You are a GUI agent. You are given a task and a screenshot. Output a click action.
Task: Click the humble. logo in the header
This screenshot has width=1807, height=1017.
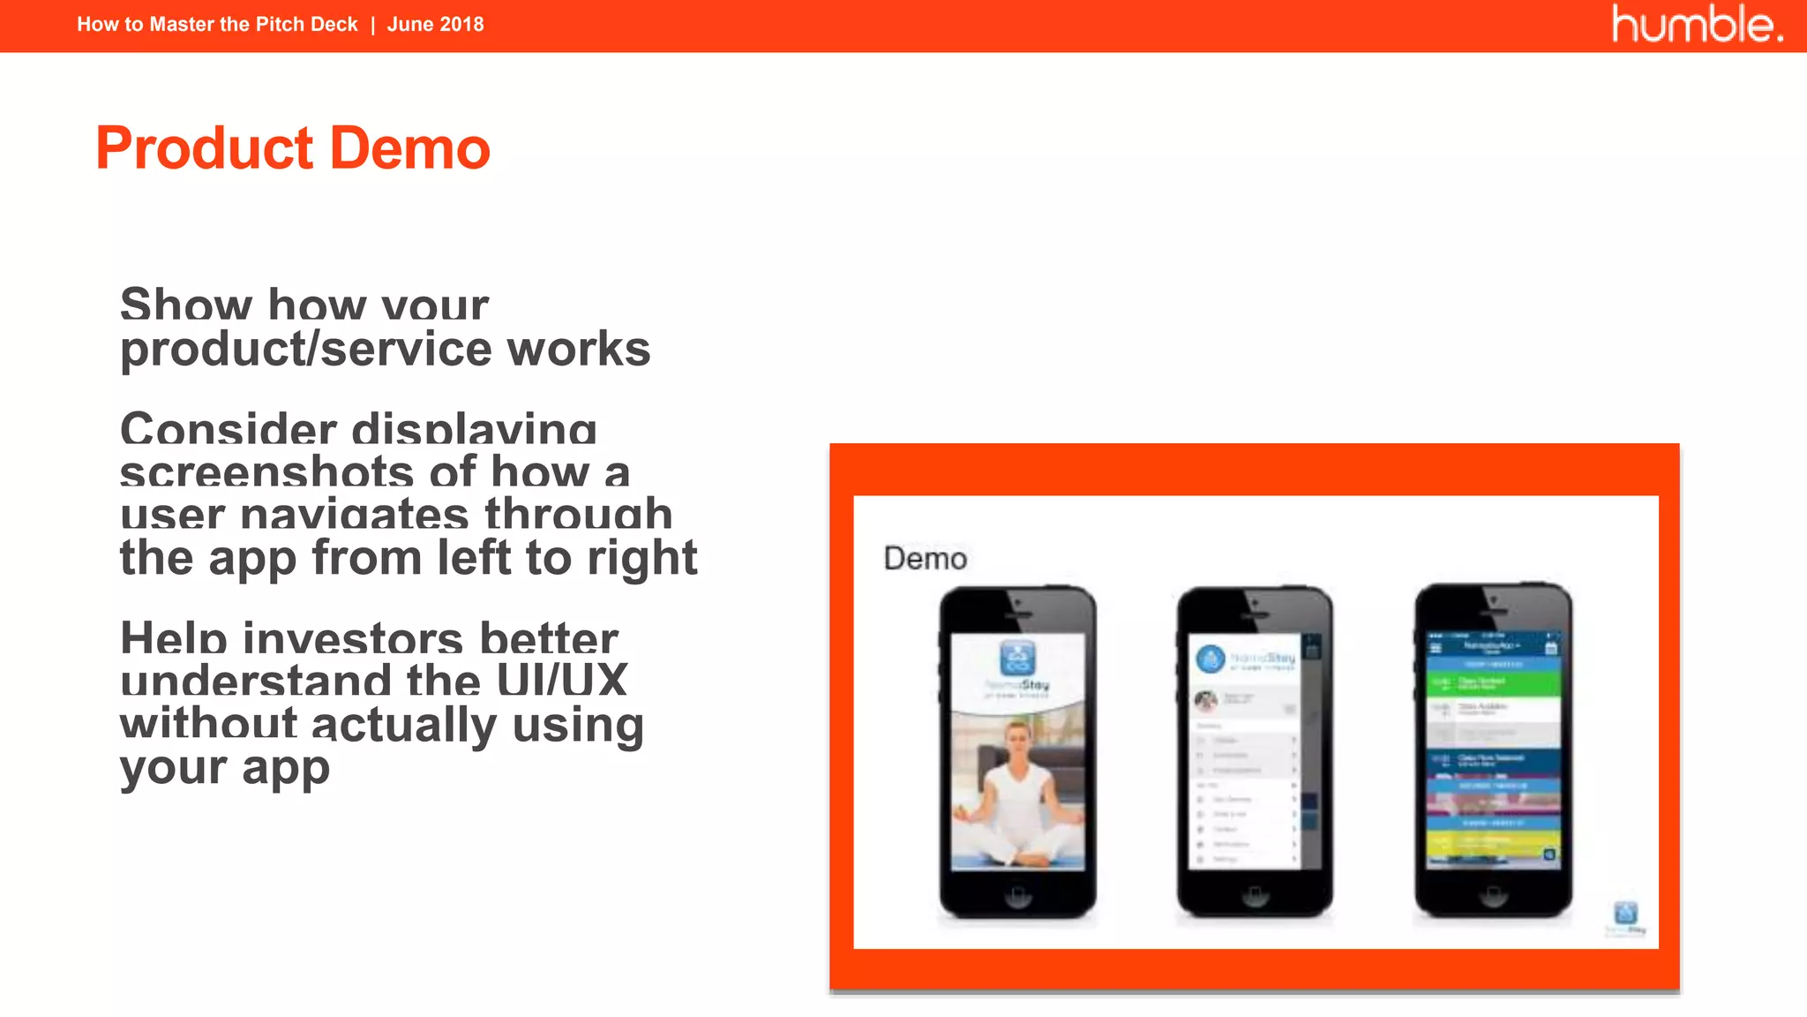coord(1696,24)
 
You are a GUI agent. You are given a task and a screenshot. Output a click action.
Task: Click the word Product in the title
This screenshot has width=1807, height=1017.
coord(205,148)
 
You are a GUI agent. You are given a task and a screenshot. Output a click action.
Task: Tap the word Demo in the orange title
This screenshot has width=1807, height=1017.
coord(410,148)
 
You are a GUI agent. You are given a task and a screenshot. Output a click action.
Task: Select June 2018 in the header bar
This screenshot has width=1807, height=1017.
coord(435,25)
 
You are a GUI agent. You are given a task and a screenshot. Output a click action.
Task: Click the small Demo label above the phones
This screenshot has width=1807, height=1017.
coord(925,559)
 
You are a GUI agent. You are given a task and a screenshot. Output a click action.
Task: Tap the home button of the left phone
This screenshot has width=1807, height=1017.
coord(1017,897)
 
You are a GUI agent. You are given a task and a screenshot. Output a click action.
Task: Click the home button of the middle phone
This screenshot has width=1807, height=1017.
coord(1255,897)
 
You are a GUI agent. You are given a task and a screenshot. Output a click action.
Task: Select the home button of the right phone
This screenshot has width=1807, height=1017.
coord(1493,895)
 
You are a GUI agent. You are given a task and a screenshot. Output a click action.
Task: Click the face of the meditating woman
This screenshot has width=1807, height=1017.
coord(1017,737)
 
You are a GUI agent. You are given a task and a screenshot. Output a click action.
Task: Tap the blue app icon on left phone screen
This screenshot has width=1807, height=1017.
coord(1017,659)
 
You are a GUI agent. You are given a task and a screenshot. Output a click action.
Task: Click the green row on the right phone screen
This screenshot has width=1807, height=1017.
coord(1493,682)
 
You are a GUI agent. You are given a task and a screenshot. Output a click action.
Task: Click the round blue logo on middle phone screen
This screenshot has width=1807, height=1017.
coord(1211,659)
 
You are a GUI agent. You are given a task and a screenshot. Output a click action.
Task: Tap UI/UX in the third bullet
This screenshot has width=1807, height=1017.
coord(561,681)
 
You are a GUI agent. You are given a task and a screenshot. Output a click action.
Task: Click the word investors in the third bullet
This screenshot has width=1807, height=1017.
coord(353,638)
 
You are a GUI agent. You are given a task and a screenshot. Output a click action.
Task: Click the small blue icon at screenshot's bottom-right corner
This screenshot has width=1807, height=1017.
coord(1625,913)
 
